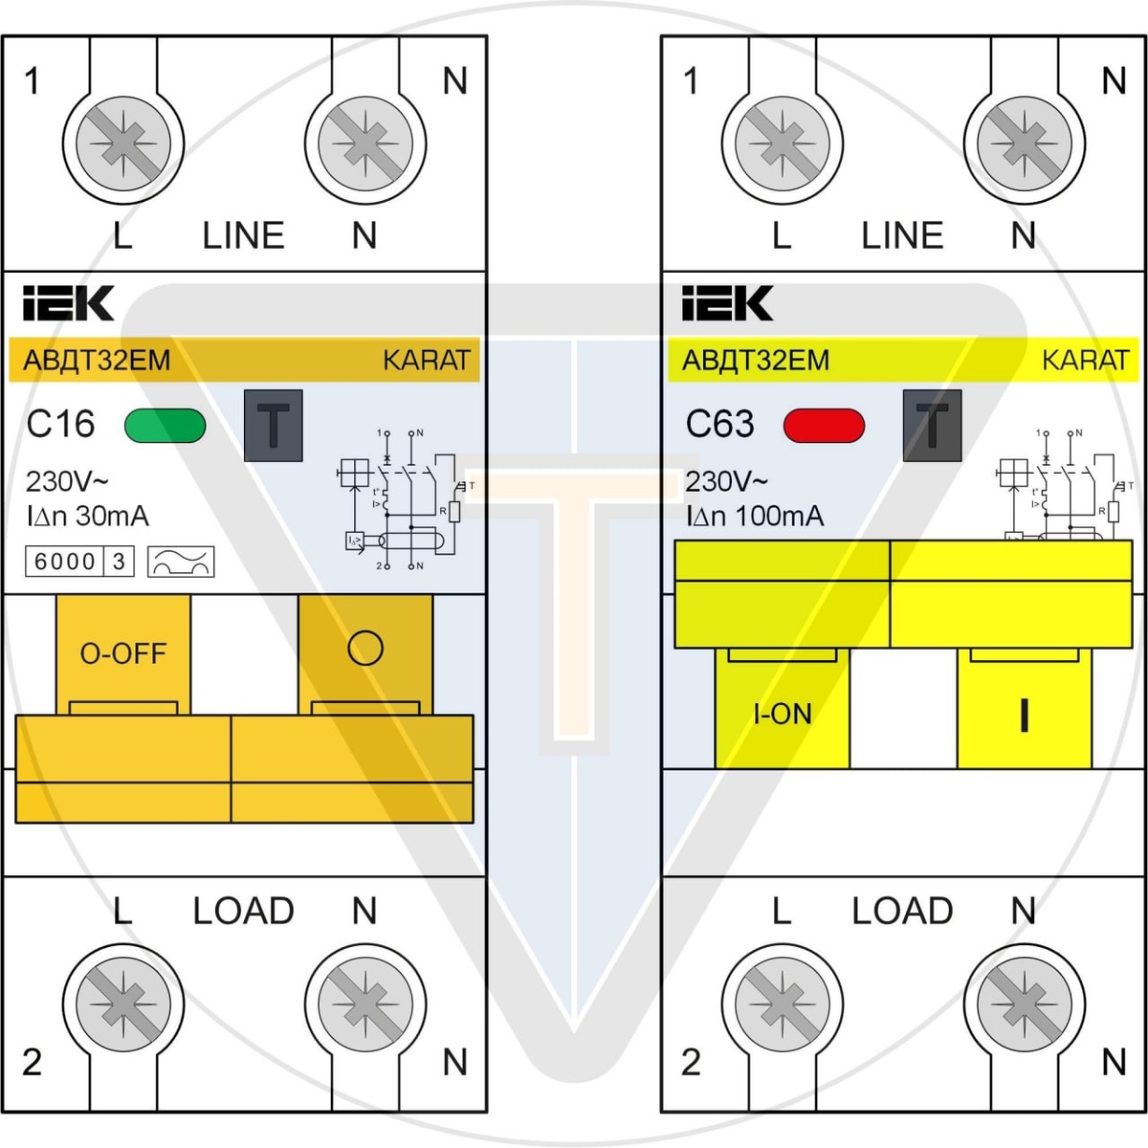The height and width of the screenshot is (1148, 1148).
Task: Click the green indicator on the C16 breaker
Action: (165, 426)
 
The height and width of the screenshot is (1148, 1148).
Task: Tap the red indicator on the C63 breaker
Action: (824, 426)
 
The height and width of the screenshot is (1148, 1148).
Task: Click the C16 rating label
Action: (60, 424)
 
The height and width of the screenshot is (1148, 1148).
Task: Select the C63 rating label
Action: (719, 424)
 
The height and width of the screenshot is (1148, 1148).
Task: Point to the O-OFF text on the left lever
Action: (122, 653)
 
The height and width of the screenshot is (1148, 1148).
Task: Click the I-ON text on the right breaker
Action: (782, 714)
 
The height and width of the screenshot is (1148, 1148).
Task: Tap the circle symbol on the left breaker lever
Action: (364, 648)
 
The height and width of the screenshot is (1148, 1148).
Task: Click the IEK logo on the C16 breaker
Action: (68, 303)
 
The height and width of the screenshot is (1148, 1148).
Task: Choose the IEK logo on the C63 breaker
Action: (727, 303)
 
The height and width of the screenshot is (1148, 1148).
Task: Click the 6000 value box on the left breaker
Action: (65, 562)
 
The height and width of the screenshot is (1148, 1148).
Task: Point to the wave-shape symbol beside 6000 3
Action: (181, 562)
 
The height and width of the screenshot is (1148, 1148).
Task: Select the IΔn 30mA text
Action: (87, 517)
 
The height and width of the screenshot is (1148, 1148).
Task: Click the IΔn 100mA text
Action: (754, 517)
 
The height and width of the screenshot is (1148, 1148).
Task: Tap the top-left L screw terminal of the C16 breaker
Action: (123, 144)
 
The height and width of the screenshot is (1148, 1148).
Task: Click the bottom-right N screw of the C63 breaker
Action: (1025, 1004)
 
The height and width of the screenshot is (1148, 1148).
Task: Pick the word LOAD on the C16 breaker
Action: (243, 911)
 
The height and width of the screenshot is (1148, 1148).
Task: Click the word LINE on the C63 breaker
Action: (902, 235)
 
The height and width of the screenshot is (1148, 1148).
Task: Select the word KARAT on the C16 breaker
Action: (426, 361)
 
